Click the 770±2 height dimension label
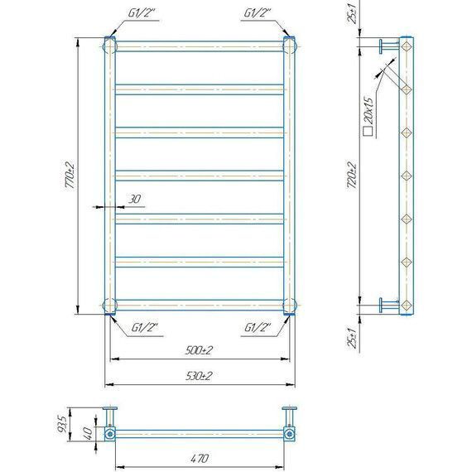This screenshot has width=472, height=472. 70,176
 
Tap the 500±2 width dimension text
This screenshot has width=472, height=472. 199,350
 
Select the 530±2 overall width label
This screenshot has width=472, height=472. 199,376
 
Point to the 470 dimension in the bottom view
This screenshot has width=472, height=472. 200,459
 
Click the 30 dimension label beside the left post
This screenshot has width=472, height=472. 134,199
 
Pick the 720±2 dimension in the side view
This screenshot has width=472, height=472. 352,176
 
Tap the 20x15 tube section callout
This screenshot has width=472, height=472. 369,111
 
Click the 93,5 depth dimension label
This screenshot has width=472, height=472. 62,424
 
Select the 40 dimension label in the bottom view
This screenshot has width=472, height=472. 88,433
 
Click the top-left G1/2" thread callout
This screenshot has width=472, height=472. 142,13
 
